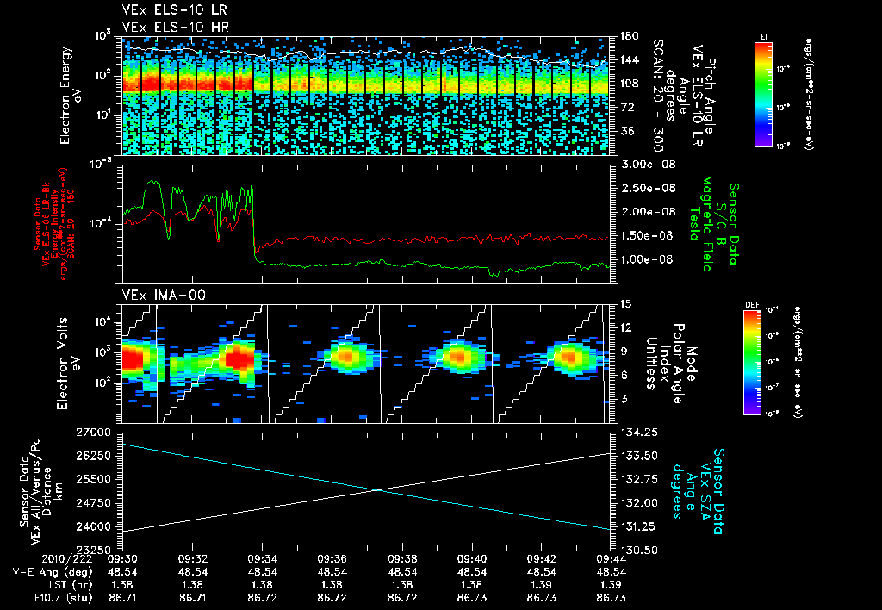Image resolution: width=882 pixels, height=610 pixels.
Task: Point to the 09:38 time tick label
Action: tap(402, 558)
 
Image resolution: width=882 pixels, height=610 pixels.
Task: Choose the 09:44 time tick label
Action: tap(610, 558)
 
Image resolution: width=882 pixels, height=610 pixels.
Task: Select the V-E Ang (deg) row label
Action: tap(48, 571)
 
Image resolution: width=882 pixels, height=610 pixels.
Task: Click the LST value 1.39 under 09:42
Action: tap(540, 584)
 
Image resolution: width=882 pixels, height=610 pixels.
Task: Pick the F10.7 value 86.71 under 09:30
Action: tap(124, 596)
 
